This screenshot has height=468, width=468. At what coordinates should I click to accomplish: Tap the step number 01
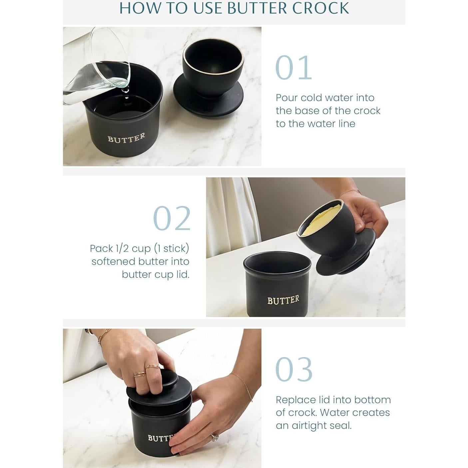click(x=293, y=68)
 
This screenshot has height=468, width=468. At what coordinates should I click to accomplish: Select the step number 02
click(x=172, y=219)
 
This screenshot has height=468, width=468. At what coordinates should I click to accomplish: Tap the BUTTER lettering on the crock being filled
click(x=126, y=138)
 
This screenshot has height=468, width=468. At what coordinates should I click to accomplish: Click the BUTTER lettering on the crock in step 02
click(x=283, y=300)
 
